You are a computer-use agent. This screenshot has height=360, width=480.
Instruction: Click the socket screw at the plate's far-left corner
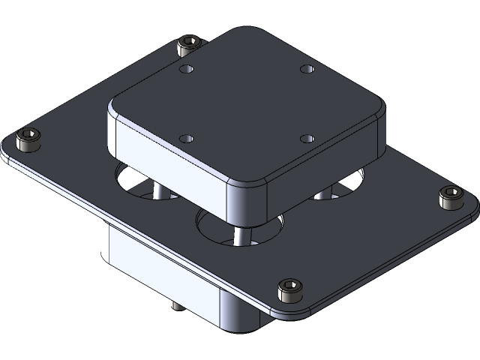coord(28,139)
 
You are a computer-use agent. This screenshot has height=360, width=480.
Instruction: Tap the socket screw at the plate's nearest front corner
coord(289,290)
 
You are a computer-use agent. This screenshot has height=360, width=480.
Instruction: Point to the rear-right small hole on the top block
coord(305,69)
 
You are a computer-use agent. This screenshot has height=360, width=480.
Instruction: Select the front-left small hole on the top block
coord(187,139)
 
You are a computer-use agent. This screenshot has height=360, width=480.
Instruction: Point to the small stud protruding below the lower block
coord(175,304)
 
